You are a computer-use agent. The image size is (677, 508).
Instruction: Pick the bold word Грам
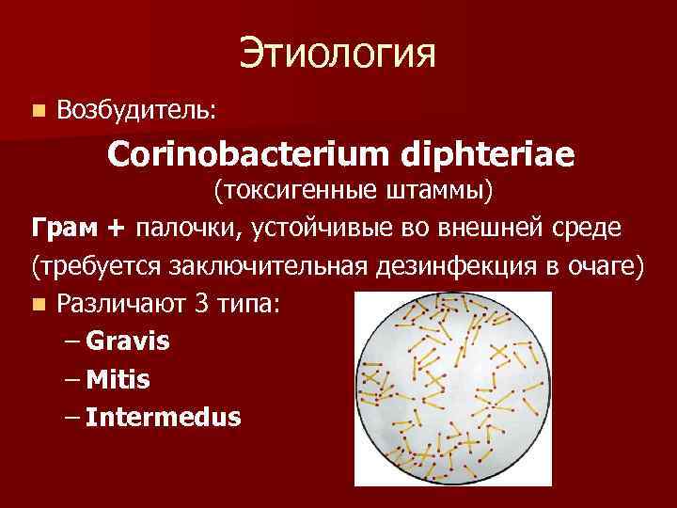[x=61, y=229]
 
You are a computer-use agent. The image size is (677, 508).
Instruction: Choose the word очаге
[x=605, y=266]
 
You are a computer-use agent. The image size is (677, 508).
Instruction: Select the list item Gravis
[x=127, y=341]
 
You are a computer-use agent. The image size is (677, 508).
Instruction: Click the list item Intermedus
[x=163, y=416]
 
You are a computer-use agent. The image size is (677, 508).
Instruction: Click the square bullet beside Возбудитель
[x=37, y=111]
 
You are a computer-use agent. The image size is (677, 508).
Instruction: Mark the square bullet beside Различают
[x=37, y=305]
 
